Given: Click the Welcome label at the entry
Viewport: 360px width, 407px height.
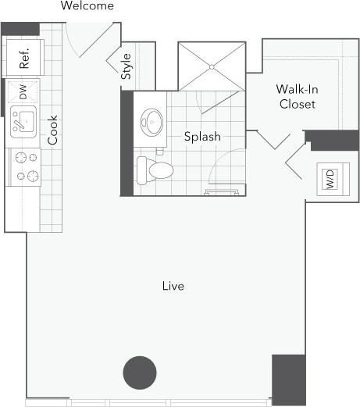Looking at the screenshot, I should (87, 6).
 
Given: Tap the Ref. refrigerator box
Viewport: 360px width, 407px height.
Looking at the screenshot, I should (23, 59).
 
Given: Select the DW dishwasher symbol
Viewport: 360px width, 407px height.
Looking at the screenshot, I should (23, 92).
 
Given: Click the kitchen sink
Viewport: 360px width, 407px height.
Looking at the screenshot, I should (23, 123).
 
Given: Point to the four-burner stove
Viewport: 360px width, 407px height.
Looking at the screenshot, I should (23, 166).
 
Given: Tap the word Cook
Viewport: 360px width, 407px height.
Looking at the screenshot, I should (53, 131).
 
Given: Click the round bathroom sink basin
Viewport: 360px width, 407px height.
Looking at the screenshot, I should (151, 122).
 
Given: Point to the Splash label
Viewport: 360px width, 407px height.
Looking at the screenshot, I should (202, 137).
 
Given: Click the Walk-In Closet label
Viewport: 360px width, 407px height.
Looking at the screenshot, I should (296, 96).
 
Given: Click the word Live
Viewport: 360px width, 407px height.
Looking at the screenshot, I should (173, 287).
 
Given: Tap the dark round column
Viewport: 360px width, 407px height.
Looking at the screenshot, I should (140, 372).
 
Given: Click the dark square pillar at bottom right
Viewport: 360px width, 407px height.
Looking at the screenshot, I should (288, 380).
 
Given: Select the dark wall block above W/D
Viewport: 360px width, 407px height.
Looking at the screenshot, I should (331, 141).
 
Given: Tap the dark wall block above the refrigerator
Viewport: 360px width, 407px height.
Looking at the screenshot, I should (20, 29).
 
